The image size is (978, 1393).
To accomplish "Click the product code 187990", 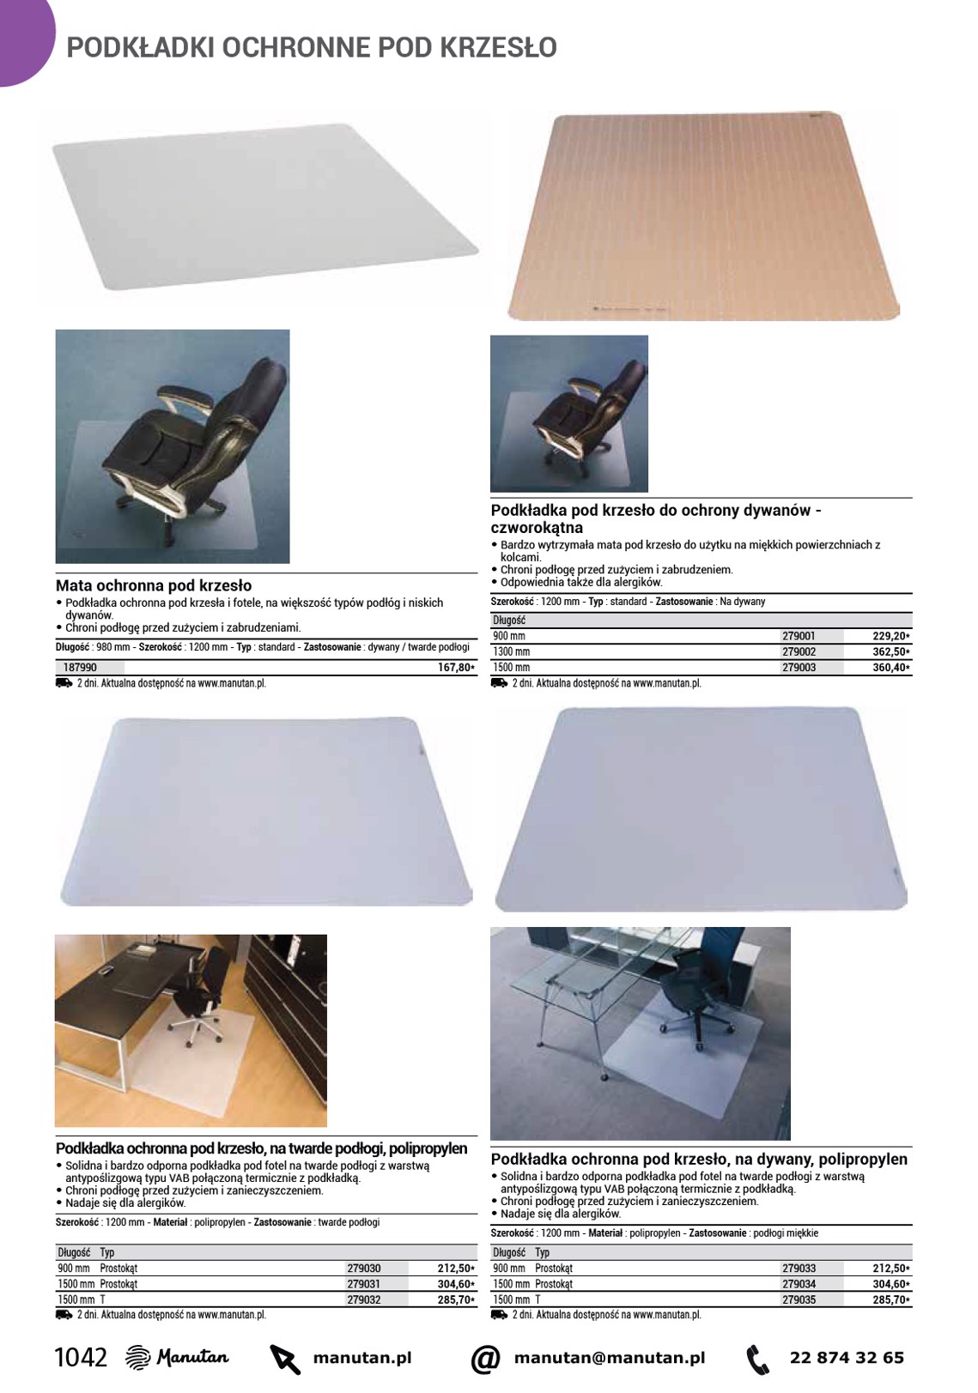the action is tap(80, 667).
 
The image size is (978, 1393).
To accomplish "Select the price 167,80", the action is tap(455, 667).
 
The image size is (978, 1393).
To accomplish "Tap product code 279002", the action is tap(799, 651).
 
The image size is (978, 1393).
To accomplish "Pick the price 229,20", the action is tap(890, 636).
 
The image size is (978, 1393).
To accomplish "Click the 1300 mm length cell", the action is tap(512, 651).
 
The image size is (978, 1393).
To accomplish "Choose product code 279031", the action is tap(364, 1283).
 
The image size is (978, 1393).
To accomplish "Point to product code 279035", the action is tap(799, 1299).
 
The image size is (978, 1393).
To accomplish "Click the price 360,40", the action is tap(890, 667).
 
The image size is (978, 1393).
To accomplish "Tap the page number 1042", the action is tap(81, 1358).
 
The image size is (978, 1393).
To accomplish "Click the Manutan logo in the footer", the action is tap(177, 1358).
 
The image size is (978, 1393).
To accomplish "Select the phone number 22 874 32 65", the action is tap(847, 1358).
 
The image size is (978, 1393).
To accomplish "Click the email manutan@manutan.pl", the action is tap(610, 1358).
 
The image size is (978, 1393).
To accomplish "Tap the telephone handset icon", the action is tap(758, 1359).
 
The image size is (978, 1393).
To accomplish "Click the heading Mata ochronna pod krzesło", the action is tap(154, 585).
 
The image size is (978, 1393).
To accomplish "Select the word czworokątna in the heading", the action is tap(537, 528).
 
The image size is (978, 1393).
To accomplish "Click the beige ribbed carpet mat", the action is tap(704, 215).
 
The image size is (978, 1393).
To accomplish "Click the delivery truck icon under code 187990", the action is tap(64, 683).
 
